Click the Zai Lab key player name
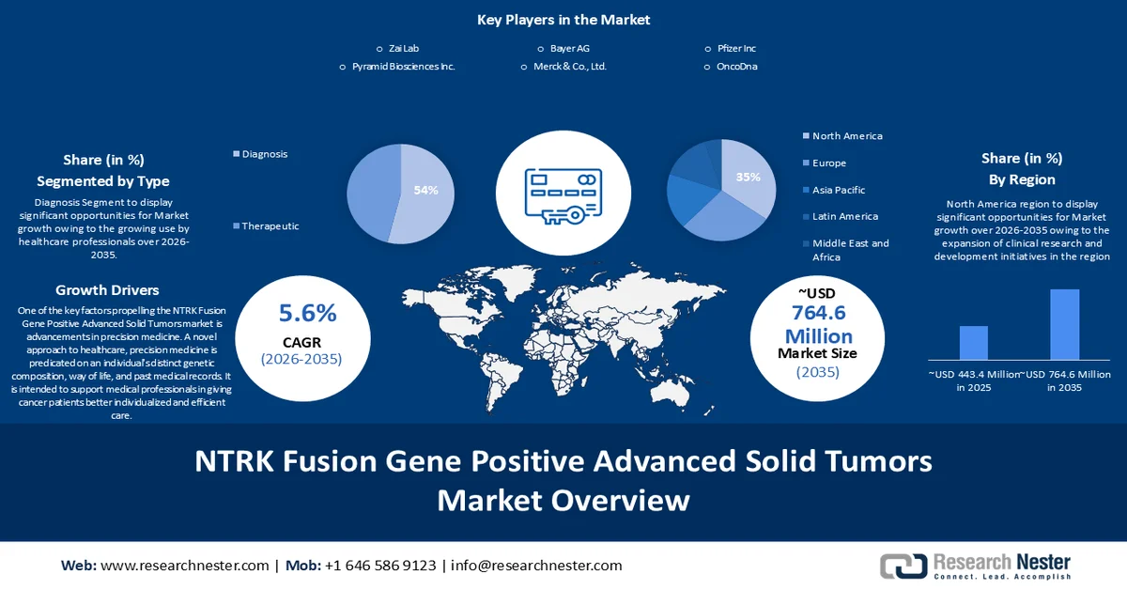coord(403,48)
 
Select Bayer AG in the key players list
coord(569,48)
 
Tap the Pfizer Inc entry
coord(735,48)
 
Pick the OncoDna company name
coord(736,67)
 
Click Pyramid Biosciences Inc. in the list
coord(403,67)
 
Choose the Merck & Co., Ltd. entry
coord(571,67)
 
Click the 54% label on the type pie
coord(425,190)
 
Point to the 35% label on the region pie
coord(749,177)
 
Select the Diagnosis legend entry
coord(264,154)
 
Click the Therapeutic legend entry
coord(270,225)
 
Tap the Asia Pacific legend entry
coord(839,190)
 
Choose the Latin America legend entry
coord(844,216)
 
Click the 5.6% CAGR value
coord(307,313)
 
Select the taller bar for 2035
coord(1064,324)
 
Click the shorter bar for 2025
coord(973,342)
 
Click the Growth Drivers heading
coord(107,289)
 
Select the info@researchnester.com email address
coord(536,566)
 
